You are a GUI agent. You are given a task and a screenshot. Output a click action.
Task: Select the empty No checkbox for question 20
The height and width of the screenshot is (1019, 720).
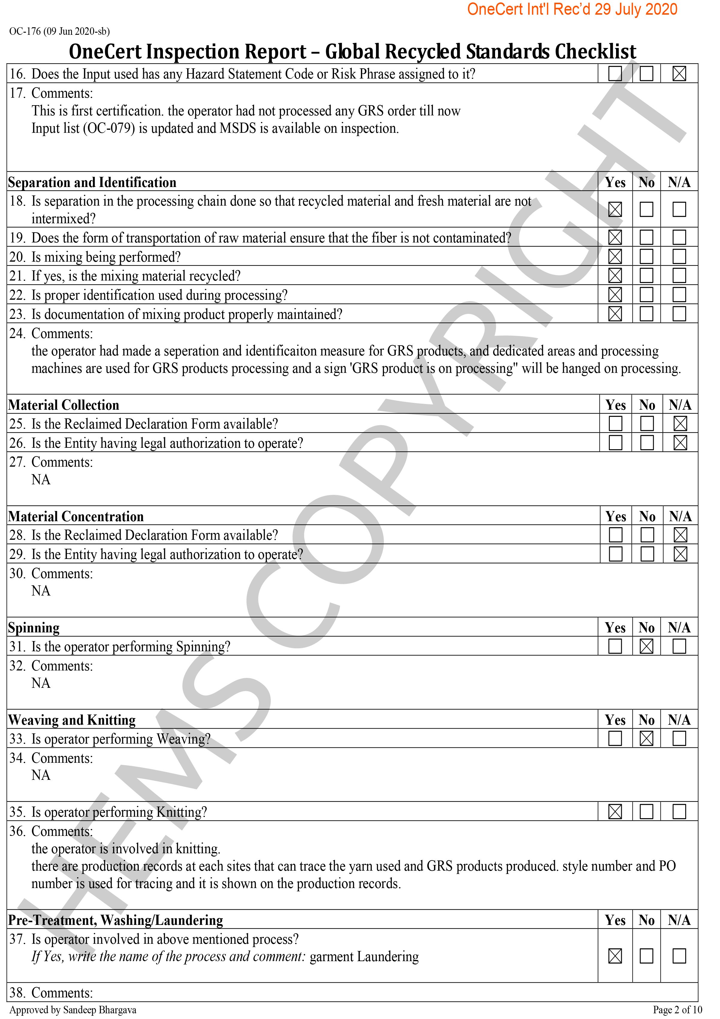point(646,257)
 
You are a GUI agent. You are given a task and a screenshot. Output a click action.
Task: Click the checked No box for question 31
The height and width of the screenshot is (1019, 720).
point(646,646)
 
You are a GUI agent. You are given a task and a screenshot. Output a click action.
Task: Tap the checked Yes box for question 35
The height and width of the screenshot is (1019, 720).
point(615,812)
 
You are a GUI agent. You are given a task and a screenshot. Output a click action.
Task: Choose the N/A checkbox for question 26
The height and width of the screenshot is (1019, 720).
point(680,442)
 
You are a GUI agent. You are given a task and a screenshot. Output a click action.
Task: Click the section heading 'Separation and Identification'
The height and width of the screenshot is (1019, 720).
point(92,183)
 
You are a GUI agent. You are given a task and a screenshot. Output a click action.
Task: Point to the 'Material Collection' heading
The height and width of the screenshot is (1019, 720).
point(64,405)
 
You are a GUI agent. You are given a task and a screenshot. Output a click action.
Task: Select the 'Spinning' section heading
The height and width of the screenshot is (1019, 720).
point(34,628)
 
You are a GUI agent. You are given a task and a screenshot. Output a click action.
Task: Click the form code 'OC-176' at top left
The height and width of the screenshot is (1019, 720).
point(25,31)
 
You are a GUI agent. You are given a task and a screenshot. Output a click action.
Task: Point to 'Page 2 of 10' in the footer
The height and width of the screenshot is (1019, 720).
point(677,1010)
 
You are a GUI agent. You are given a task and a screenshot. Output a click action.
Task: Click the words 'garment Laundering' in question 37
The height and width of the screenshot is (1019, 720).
point(364,956)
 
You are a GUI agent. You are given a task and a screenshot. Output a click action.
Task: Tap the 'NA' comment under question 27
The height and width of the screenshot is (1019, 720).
point(41,479)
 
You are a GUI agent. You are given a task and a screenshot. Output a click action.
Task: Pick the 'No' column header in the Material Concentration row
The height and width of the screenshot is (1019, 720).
point(647,516)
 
